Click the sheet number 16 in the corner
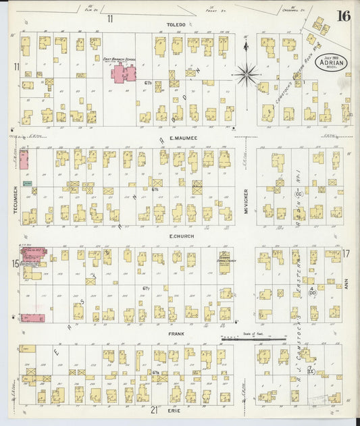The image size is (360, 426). click(343, 17)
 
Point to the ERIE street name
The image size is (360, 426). click(177, 409)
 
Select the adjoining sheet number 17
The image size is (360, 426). click(346, 254)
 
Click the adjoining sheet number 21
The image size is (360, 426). click(154, 410)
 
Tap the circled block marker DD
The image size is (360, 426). click(312, 292)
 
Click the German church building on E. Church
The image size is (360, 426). click(224, 261)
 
